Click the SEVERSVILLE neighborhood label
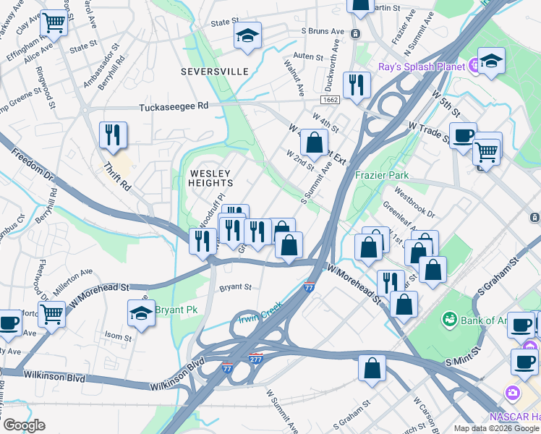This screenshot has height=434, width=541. click(x=215, y=72)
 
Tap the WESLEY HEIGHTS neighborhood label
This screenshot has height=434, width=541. click(x=210, y=179)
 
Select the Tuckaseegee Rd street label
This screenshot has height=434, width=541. click(x=174, y=106)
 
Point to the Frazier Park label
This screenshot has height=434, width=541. click(x=382, y=175)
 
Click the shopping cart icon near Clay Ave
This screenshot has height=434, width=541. click(x=54, y=23)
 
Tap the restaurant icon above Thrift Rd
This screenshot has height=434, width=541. click(x=113, y=135)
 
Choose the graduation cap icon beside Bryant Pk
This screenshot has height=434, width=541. click(x=142, y=312)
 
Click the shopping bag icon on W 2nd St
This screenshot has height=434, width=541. click(x=314, y=142)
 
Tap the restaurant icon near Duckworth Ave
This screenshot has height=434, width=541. click(x=357, y=85)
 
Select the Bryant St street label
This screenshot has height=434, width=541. click(x=235, y=287)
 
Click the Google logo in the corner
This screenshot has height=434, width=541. click(x=24, y=425)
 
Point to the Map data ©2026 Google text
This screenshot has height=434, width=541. click(x=495, y=427)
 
